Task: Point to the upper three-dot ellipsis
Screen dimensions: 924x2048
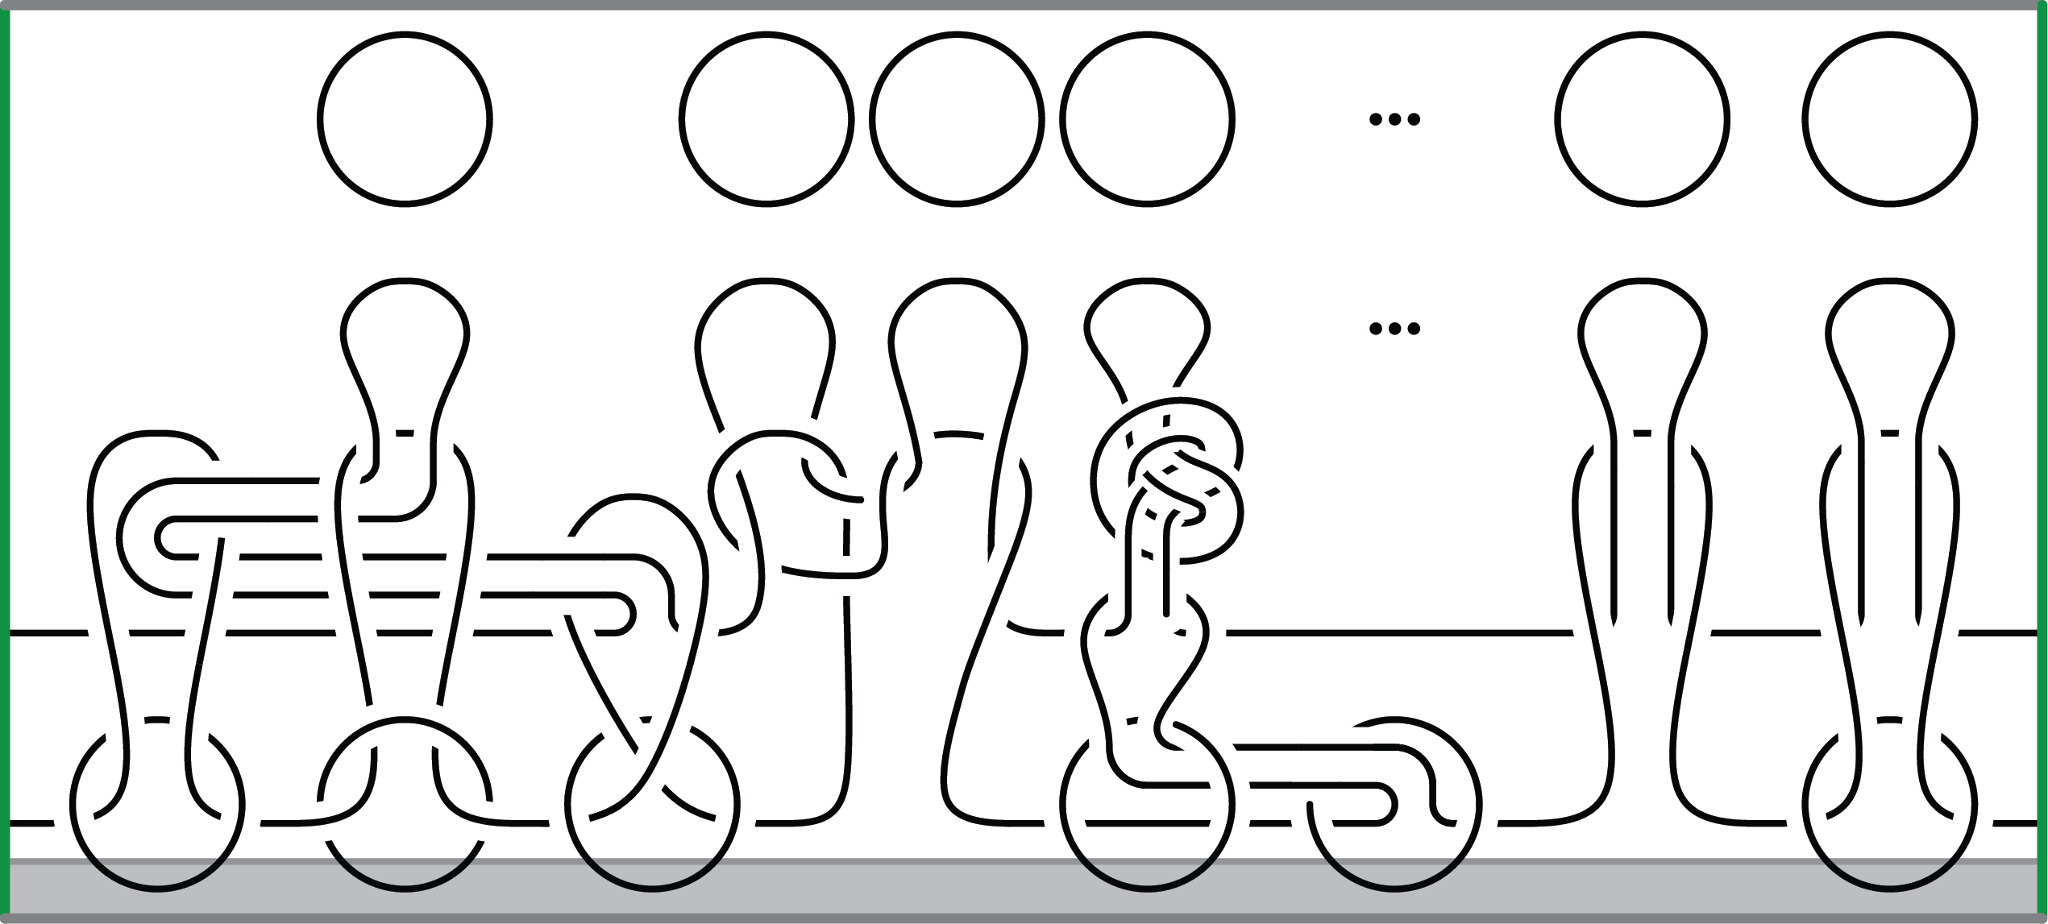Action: [x=1394, y=120]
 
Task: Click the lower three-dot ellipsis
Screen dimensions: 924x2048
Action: [x=1394, y=329]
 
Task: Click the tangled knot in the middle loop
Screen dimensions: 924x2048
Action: [x=1167, y=483]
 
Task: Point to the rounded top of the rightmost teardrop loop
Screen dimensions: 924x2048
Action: [x=1890, y=282]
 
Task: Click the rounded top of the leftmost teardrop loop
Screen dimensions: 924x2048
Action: [x=405, y=282]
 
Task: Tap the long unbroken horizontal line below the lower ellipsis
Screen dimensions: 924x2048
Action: [x=1398, y=632]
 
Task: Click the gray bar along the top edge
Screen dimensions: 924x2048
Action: [x=1024, y=5]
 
